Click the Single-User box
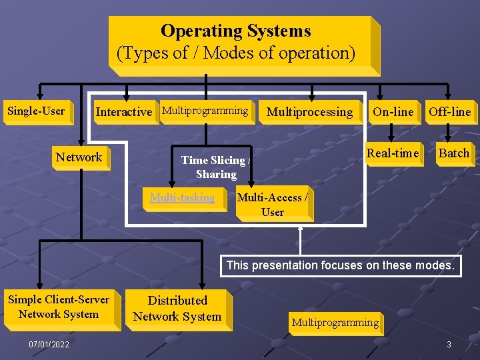(x=36, y=111)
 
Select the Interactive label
(x=123, y=112)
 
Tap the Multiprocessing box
(x=309, y=112)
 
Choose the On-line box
(x=393, y=112)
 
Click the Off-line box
(x=449, y=112)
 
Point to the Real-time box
(x=393, y=153)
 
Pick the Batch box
(x=454, y=153)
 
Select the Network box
(x=79, y=157)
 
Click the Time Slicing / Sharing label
(x=216, y=167)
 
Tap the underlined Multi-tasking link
(x=183, y=197)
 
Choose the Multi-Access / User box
(x=273, y=205)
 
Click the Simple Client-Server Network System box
(x=59, y=307)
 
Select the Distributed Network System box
(x=177, y=309)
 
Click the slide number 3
(x=449, y=344)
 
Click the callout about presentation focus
(x=340, y=265)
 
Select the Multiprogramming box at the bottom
(x=335, y=323)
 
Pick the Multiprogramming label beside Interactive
(x=205, y=111)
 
